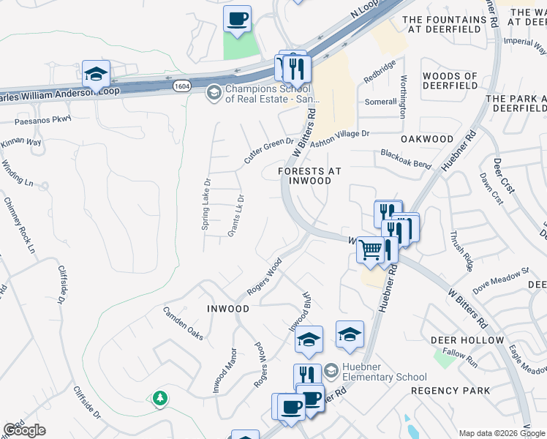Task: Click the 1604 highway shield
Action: [181, 86]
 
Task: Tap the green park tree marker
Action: [159, 399]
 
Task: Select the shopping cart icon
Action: [371, 249]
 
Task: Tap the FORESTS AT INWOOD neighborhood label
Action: [310, 176]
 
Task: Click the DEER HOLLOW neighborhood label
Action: [467, 340]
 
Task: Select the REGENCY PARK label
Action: [450, 391]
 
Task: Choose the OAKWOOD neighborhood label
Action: [427, 139]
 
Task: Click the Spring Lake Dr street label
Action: [207, 204]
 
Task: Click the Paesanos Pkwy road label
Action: [42, 119]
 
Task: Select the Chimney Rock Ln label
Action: [19, 225]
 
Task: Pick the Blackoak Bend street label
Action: [405, 159]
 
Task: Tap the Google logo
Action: [25, 430]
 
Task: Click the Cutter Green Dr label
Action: [268, 151]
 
